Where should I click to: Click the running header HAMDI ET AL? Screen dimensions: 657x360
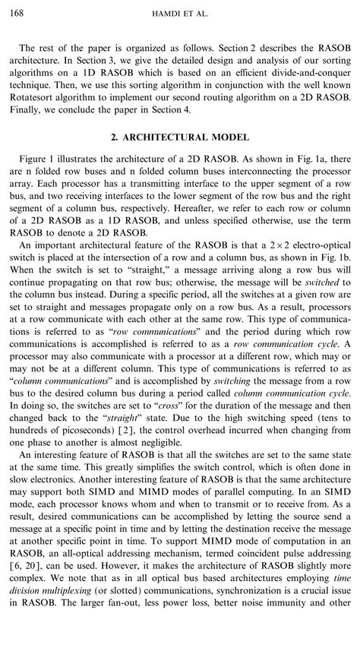tap(180, 14)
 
